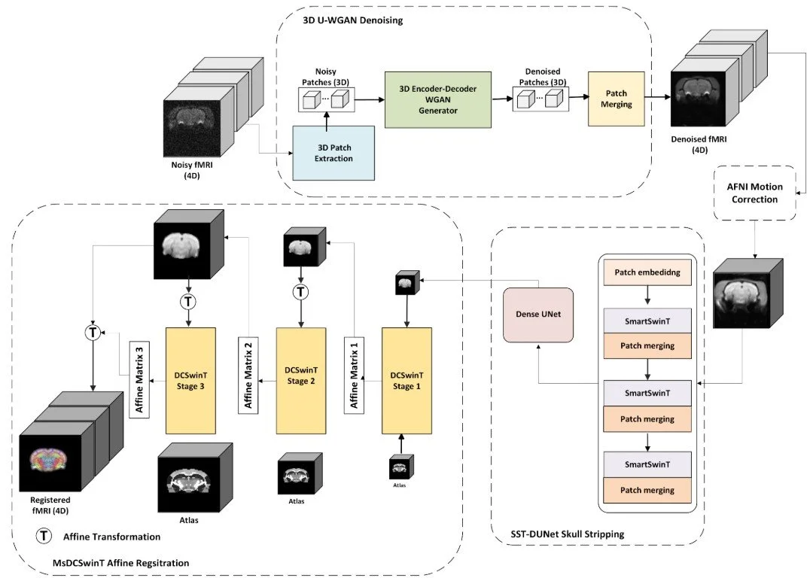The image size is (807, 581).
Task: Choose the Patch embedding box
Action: pos(648,272)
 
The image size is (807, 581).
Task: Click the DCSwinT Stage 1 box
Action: pos(407,381)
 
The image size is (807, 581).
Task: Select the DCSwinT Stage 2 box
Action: pos(301,381)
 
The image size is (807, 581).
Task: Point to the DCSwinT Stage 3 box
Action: pos(190,381)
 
